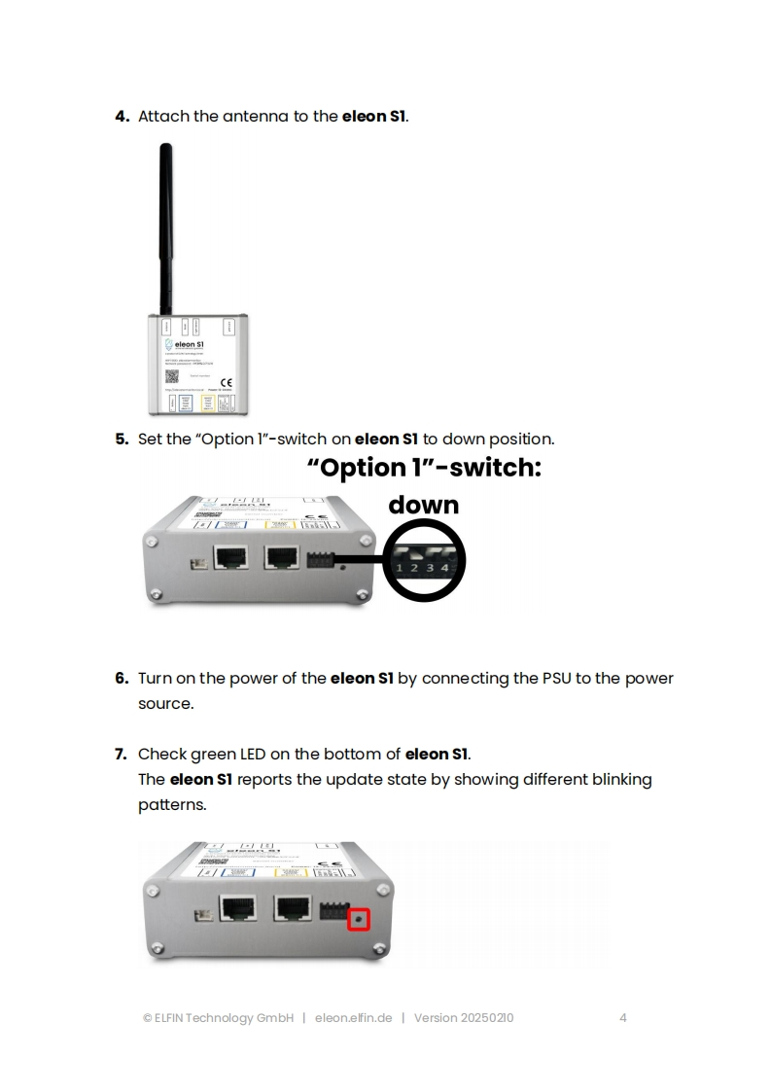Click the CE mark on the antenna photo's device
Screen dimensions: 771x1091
coord(226,380)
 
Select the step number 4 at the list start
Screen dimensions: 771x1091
coord(122,117)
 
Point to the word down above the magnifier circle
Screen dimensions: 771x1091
coord(423,505)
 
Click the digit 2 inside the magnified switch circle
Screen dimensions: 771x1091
coord(414,567)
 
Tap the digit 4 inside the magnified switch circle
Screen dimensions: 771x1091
coord(444,567)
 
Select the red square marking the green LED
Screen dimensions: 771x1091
coord(360,919)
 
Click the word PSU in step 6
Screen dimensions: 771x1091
coord(557,678)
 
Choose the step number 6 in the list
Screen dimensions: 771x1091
coord(122,678)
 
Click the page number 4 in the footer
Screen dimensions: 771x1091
coord(622,1018)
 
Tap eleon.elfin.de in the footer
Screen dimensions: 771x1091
coord(353,1018)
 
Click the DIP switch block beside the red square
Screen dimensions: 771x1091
coord(333,910)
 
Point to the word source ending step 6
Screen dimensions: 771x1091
coord(165,703)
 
